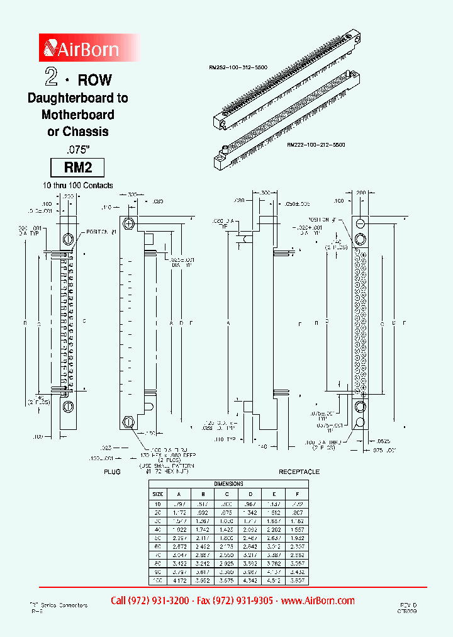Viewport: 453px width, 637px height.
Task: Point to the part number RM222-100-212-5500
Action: (315, 145)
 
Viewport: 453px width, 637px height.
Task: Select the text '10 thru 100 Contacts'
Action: (77, 185)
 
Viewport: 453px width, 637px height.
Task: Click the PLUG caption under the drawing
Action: (111, 471)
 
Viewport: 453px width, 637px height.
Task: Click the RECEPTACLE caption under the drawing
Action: (299, 471)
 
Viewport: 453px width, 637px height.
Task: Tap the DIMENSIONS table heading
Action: (228, 483)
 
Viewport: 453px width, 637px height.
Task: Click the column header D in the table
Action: (250, 493)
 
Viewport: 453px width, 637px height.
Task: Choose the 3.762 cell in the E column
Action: (274, 560)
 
